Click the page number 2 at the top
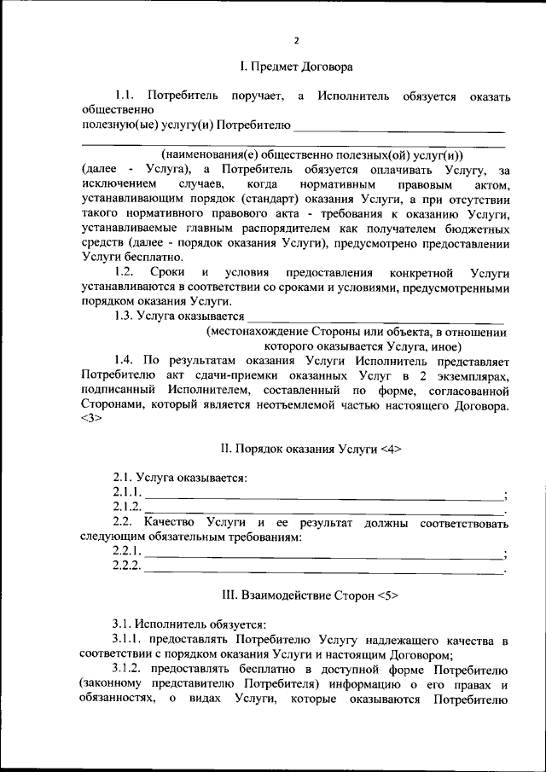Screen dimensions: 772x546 click(296, 40)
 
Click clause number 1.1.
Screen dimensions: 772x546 click(125, 96)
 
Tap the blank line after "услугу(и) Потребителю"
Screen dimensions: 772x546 click(398, 130)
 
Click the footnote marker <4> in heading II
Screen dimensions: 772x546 click(386, 449)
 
